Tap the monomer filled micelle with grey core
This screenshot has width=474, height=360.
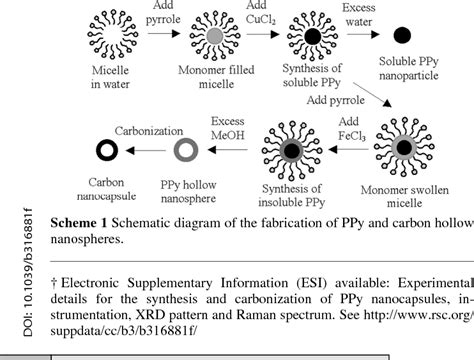(215, 38)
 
